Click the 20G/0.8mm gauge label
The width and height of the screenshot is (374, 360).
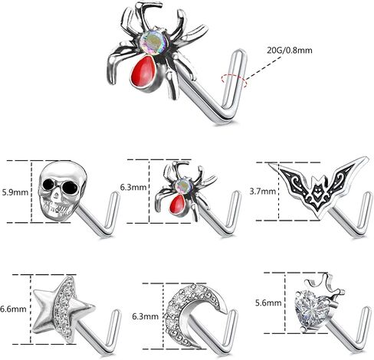point(290,50)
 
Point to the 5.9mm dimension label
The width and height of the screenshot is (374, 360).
point(15,192)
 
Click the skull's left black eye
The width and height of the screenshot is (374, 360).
point(48,183)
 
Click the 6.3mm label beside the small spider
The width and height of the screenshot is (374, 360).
point(133,187)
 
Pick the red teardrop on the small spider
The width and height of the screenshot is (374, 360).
point(179,204)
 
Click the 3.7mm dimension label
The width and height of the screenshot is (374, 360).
point(263,191)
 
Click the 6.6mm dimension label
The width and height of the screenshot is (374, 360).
point(13,309)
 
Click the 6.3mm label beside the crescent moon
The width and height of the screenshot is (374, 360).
point(145,316)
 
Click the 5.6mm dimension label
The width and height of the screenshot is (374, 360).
point(268,303)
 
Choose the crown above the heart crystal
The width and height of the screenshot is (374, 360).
point(324,283)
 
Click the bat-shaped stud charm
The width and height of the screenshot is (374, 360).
point(318,186)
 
